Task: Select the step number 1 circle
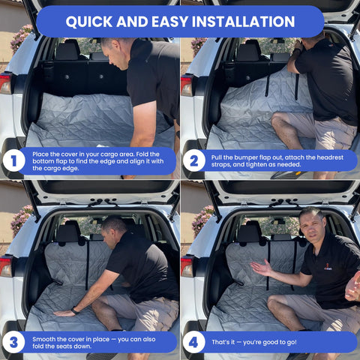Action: click(13, 160)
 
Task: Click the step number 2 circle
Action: click(193, 160)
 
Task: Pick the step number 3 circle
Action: click(13, 341)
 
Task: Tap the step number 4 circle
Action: click(193, 341)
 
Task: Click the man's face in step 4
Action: click(311, 223)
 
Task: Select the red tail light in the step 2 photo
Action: click(186, 84)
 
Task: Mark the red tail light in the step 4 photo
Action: click(186, 265)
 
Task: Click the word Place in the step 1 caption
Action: click(43, 152)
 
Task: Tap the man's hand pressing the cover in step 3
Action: click(62, 312)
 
